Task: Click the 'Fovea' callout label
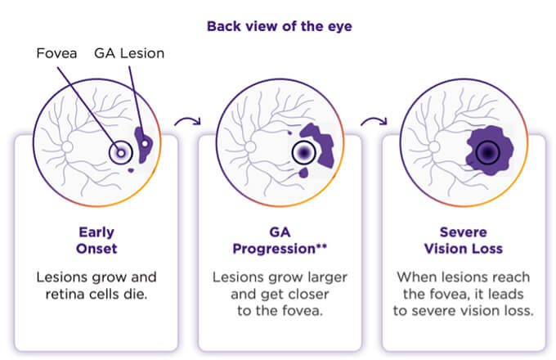59,54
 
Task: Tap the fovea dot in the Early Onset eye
121,152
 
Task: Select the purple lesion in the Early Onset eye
144,146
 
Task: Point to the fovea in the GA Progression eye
304,153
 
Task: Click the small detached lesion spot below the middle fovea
304,173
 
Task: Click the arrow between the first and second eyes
187,124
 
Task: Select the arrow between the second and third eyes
373,124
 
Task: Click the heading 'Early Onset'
96,240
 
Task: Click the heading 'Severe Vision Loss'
463,240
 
